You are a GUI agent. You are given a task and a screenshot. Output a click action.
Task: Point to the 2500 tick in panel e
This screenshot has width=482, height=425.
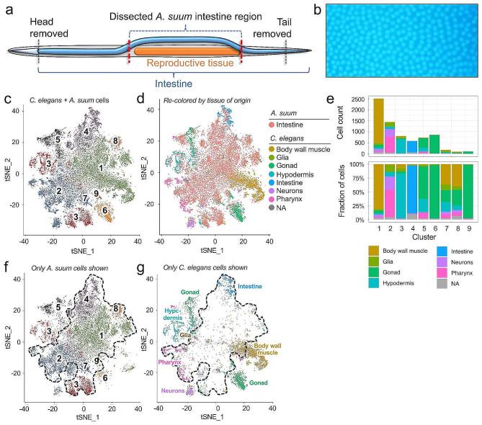point(361,99)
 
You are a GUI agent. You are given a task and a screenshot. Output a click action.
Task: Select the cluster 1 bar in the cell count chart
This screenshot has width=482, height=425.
point(379,126)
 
